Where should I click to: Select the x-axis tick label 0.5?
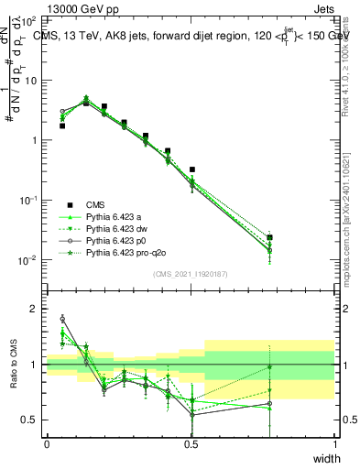(x=191, y=443)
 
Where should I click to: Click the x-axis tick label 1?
(x=334, y=443)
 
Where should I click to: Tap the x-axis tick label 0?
(x=47, y=443)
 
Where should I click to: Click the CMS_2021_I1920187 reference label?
(x=191, y=274)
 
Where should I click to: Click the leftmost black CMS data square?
(x=61, y=125)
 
